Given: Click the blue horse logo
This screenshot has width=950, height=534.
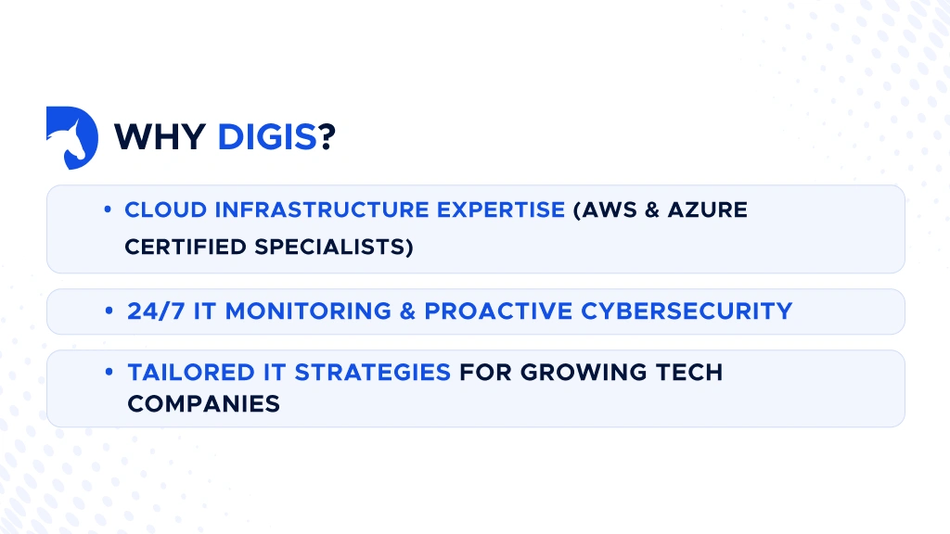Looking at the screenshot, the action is coord(72,137).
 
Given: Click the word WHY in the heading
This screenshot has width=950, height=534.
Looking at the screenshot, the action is coord(160,137).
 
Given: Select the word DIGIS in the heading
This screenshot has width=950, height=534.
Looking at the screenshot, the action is coord(267,137).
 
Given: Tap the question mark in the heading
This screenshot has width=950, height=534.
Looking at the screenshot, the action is coord(327,137).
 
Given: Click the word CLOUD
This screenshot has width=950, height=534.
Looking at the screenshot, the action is coord(166,210).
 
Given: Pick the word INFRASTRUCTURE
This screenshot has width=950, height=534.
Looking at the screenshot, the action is coord(322,210).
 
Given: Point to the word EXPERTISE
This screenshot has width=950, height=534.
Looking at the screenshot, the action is coord(501,210).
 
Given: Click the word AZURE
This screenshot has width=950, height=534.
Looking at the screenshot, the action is coord(708,210).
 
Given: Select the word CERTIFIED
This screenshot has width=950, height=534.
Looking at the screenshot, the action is coord(186,247).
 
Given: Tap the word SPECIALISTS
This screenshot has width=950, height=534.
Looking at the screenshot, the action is coord(329,247).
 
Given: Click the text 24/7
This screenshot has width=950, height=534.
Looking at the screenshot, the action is coord(156,311).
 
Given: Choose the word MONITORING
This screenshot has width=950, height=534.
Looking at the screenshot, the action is coord(308,311).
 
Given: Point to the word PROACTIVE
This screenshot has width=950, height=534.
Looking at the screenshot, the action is coord(498,311).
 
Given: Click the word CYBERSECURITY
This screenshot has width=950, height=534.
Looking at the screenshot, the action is coord(687,311).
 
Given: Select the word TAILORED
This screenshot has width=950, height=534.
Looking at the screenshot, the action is coord(191,373).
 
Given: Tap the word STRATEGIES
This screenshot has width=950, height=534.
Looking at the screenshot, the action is coord(373,373).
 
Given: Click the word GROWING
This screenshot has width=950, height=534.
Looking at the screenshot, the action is coord(575,373).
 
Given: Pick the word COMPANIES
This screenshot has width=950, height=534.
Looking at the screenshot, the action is coord(203,404).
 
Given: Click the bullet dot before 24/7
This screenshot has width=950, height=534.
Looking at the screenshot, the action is coord(109,311).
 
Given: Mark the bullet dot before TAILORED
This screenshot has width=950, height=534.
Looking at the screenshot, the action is coord(109,372).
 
